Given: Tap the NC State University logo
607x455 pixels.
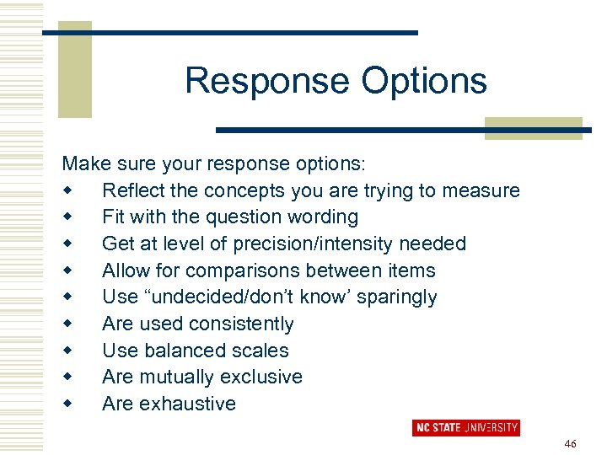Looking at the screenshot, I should tap(465, 427).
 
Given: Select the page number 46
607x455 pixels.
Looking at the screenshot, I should tap(570, 443).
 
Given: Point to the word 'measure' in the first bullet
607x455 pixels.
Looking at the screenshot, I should tap(485, 190).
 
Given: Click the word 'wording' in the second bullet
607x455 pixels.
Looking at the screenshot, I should tap(323, 217).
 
